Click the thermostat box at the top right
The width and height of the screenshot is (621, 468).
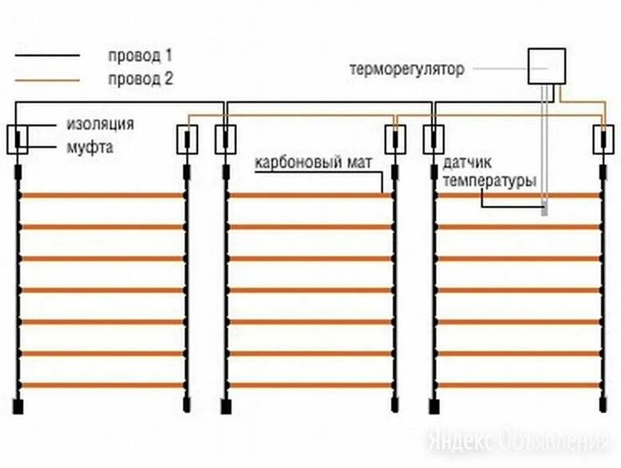(x=547, y=66)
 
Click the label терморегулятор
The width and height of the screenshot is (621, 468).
(x=406, y=69)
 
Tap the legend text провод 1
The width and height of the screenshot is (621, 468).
(x=140, y=56)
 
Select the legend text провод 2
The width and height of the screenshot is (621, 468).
(x=140, y=79)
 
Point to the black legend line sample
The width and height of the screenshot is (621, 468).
(x=47, y=56)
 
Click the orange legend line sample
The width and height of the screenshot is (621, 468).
(x=47, y=79)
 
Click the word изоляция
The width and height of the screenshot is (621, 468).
(x=100, y=124)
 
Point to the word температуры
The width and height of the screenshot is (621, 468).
(x=488, y=181)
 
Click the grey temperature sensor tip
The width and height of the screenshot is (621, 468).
(x=545, y=211)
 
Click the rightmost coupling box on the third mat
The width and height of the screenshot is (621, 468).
(x=603, y=140)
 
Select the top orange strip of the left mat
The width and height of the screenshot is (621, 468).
(x=102, y=195)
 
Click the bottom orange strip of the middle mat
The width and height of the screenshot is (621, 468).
(x=310, y=385)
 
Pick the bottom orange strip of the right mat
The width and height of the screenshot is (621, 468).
(x=518, y=385)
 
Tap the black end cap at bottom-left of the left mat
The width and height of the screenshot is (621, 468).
(x=18, y=405)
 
